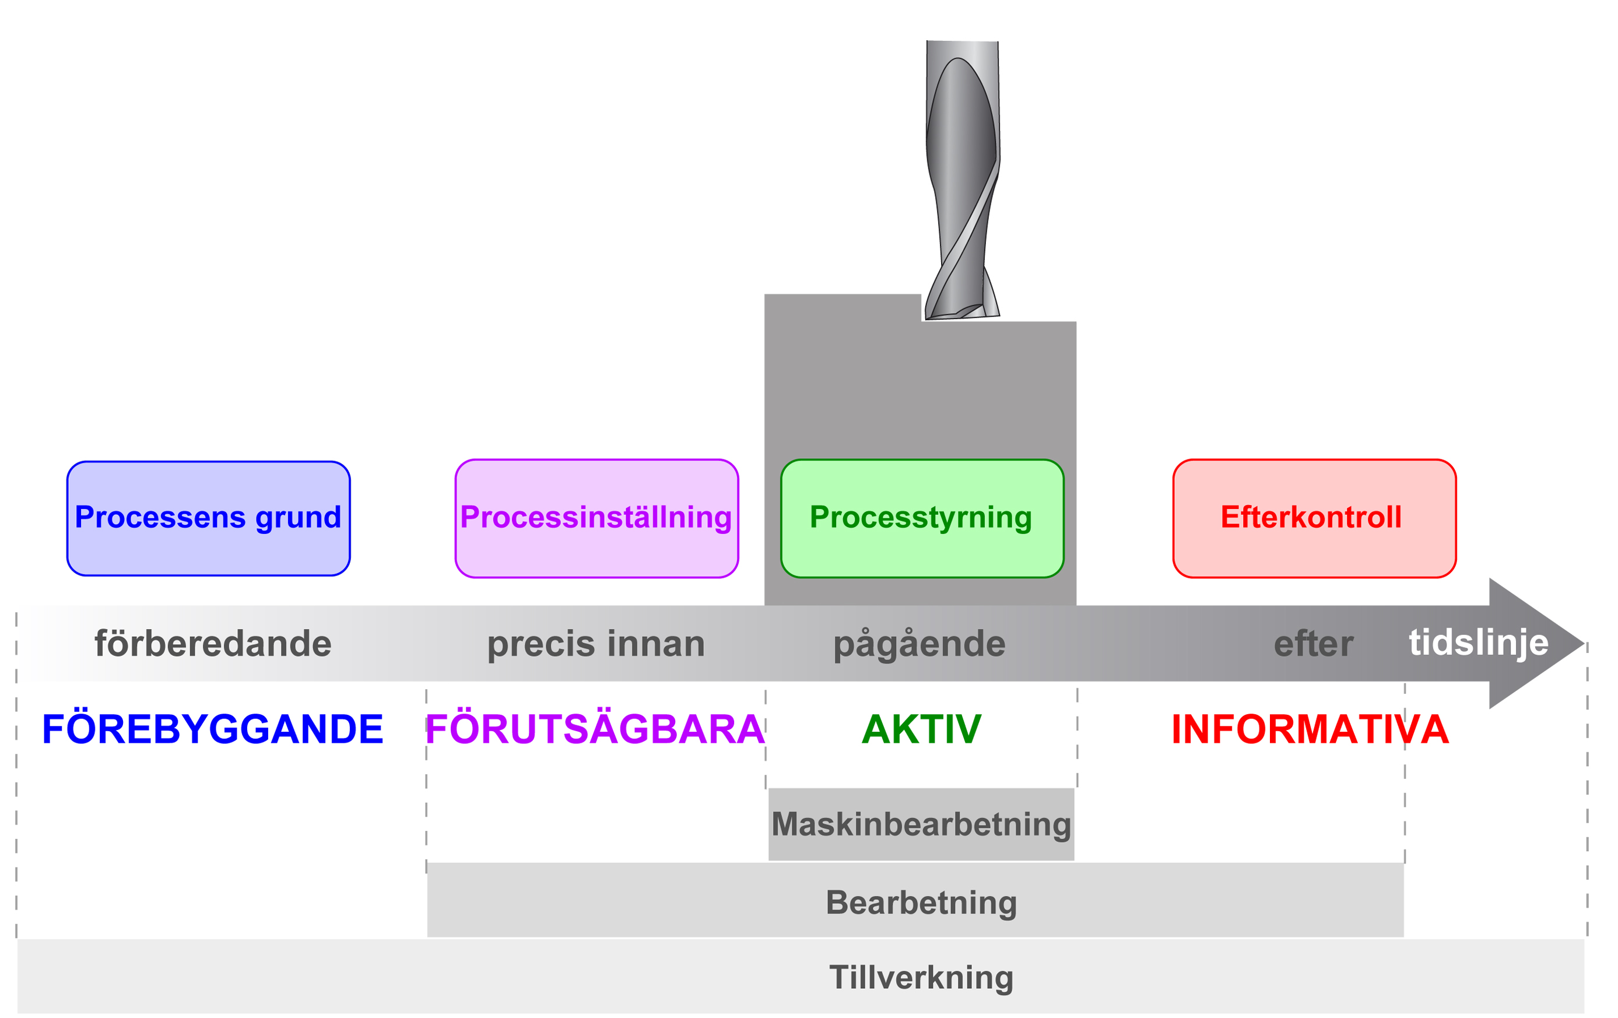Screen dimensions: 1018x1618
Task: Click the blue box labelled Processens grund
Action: [x=208, y=518]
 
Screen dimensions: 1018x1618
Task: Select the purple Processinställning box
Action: [x=596, y=518]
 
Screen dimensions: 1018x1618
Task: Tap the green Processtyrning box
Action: [x=922, y=518]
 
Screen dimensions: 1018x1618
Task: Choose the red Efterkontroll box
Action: [x=1314, y=518]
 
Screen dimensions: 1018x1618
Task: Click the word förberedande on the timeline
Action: [x=213, y=644]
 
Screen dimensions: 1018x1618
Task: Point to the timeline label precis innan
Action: [x=596, y=644]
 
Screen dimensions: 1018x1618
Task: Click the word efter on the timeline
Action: [x=1313, y=644]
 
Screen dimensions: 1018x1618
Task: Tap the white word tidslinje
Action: [x=1478, y=643]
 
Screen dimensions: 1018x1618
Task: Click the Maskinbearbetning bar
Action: [x=921, y=824]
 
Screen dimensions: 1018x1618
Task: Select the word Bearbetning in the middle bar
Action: [x=921, y=903]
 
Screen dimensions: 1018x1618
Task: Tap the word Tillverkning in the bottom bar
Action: [x=921, y=978]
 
